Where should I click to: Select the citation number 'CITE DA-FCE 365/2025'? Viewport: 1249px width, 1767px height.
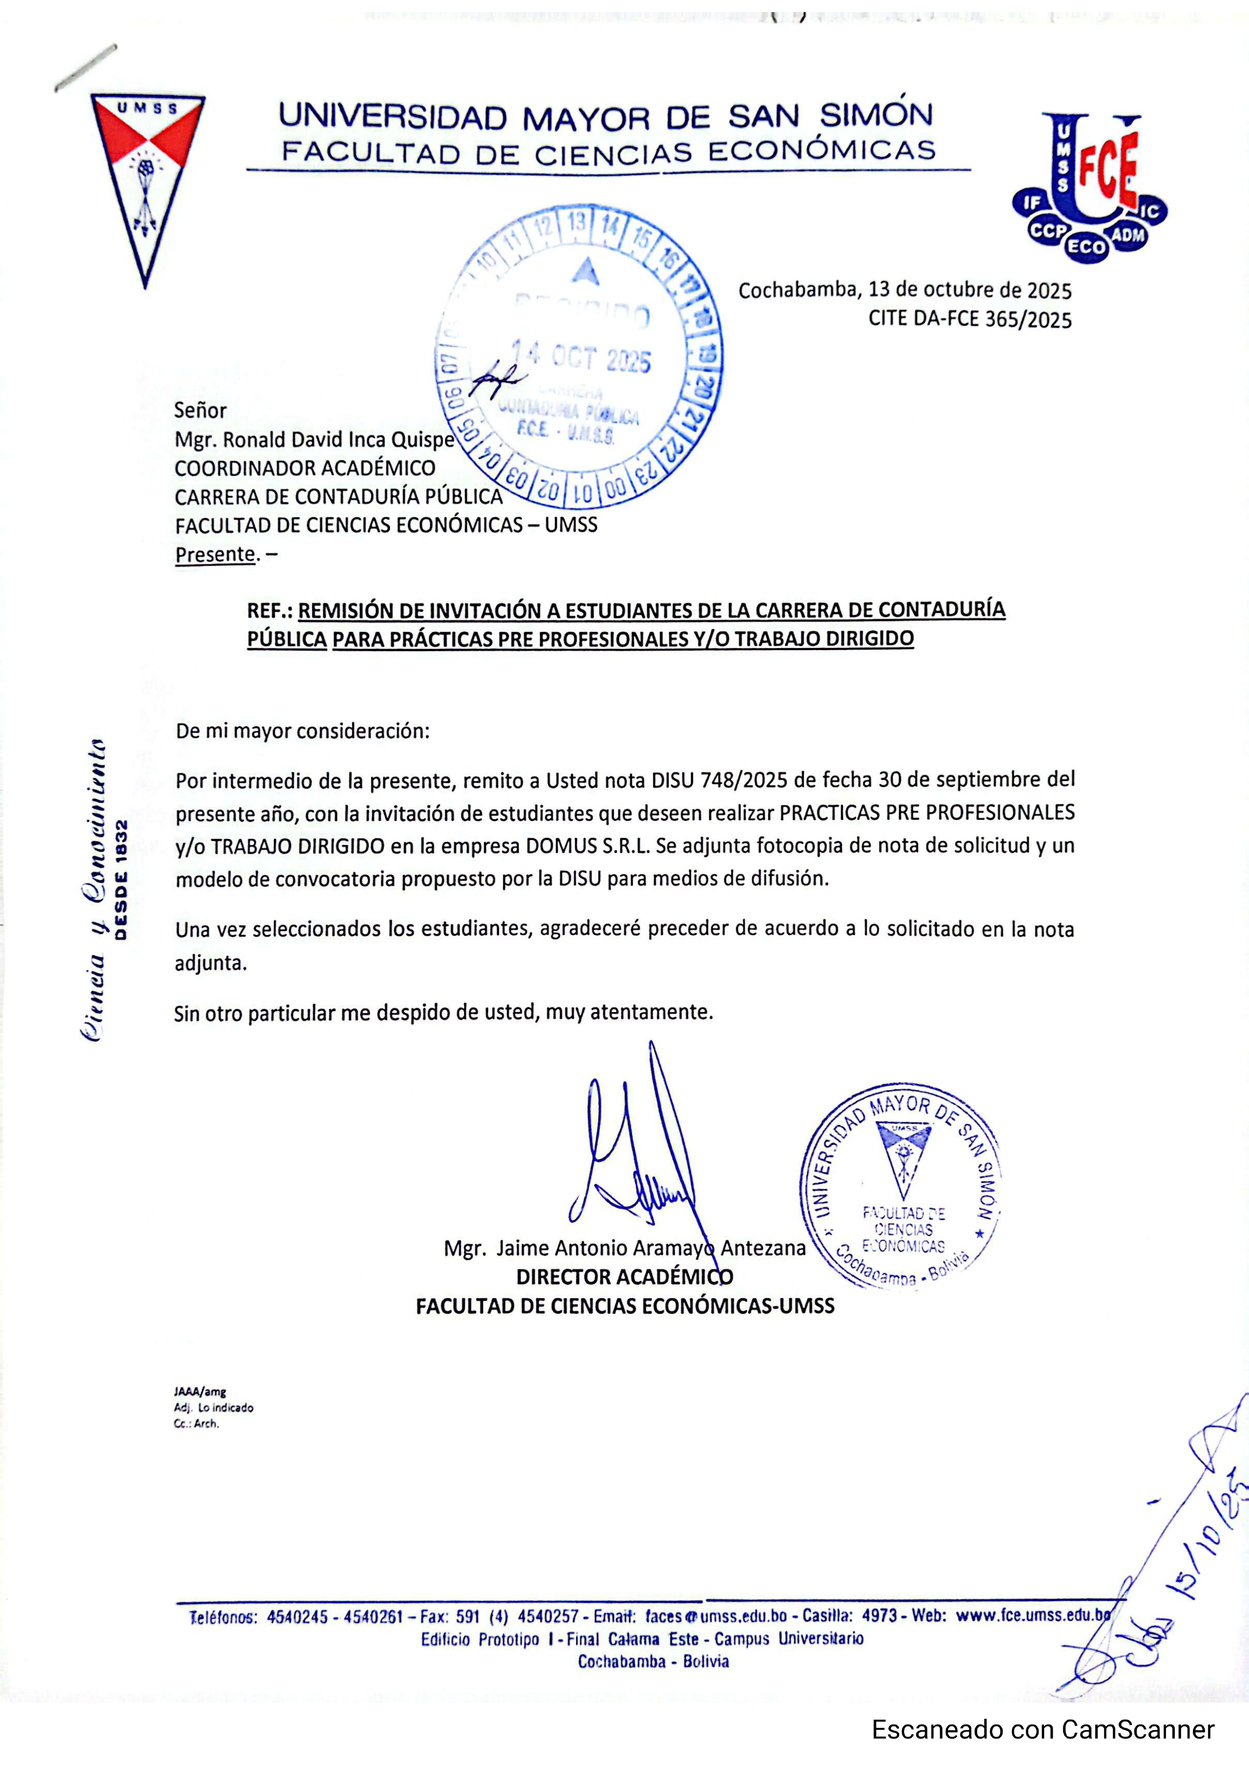969,319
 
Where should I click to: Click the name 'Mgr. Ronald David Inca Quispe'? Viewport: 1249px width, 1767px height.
314,440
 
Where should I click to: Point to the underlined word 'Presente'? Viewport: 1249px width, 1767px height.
215,554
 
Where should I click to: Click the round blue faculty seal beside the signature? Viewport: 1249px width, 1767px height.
901,1186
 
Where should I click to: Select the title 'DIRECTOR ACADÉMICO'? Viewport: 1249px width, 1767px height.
624,1277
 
